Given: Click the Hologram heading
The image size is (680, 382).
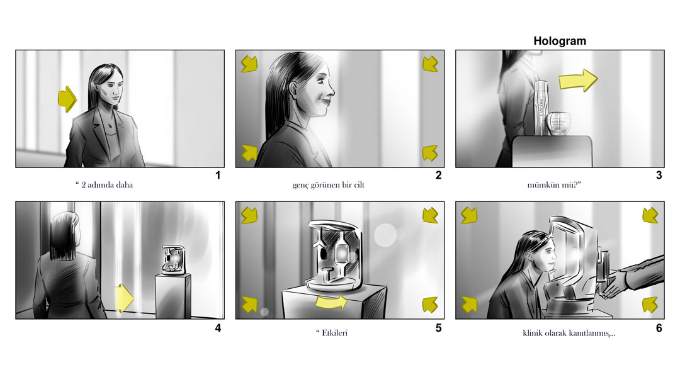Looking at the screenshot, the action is (x=560, y=41).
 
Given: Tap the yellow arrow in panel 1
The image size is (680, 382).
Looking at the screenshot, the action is (x=67, y=99).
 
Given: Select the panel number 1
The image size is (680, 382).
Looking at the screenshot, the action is (x=218, y=175).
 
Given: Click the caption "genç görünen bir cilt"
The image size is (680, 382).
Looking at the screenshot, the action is (x=328, y=185).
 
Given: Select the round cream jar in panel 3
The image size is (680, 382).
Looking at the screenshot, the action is (x=558, y=123).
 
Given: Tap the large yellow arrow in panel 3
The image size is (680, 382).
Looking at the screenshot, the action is (x=578, y=80).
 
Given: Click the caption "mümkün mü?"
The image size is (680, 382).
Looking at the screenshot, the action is (x=554, y=185).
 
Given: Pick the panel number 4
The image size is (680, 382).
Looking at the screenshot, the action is (x=218, y=329).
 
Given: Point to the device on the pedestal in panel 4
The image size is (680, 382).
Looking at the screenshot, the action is (x=174, y=260).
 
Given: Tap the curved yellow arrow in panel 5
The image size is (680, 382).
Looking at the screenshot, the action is (x=331, y=301).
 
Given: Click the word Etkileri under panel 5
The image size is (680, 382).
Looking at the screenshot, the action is (x=334, y=333).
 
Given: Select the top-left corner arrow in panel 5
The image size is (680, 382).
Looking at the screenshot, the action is (x=249, y=215).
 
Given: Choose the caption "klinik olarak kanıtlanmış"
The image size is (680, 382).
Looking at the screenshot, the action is (x=566, y=334).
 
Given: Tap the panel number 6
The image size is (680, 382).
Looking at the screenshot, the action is (x=659, y=329).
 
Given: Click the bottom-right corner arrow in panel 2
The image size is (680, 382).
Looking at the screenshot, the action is (x=430, y=153).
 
